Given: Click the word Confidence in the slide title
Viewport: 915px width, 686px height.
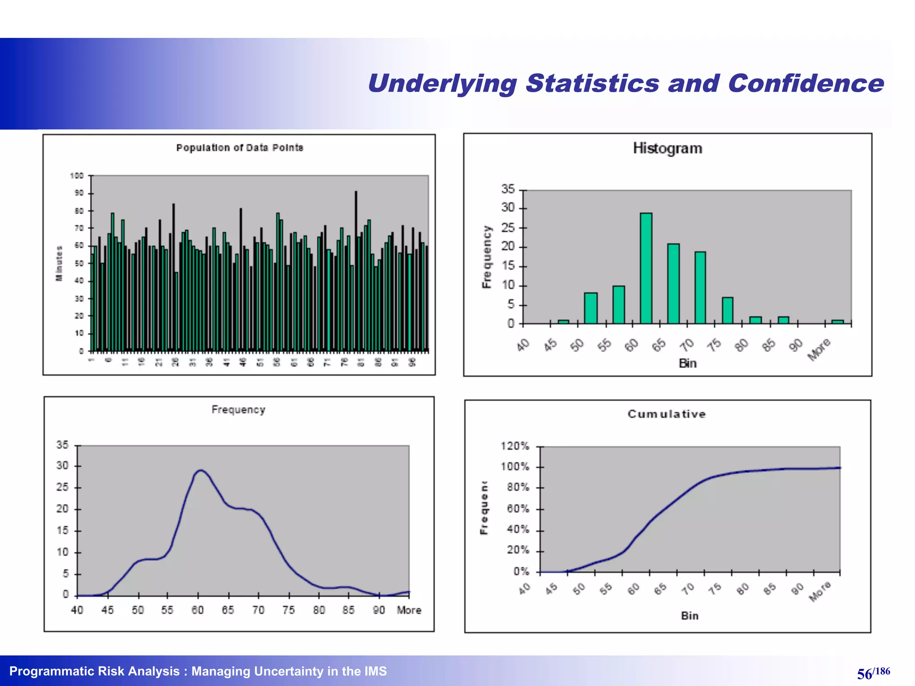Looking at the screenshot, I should (806, 84).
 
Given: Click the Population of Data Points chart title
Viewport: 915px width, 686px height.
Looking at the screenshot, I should (239, 148).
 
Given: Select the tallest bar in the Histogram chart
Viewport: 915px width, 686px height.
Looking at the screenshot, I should (646, 268).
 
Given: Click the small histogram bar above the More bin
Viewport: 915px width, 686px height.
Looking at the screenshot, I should (837, 322).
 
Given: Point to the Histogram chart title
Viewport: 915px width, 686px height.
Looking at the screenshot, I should (667, 148).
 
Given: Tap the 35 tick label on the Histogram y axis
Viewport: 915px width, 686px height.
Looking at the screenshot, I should (508, 189).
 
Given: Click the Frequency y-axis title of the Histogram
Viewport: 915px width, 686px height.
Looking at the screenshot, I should (487, 257).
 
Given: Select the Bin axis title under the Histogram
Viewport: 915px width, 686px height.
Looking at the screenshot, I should (688, 364).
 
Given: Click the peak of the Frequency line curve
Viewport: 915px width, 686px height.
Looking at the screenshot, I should (201, 470).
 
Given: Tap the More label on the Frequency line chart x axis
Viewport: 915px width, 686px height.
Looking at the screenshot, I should (409, 610).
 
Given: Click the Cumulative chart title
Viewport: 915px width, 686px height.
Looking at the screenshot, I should (667, 414).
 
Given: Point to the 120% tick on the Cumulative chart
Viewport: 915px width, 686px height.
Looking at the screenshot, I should (515, 446).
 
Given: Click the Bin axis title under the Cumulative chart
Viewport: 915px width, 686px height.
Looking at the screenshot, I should (689, 616).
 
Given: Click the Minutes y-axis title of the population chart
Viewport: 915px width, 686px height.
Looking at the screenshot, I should (59, 264).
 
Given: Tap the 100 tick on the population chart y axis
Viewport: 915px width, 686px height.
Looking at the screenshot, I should (77, 176).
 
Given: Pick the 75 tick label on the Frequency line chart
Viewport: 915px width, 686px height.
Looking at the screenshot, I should (289, 610).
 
